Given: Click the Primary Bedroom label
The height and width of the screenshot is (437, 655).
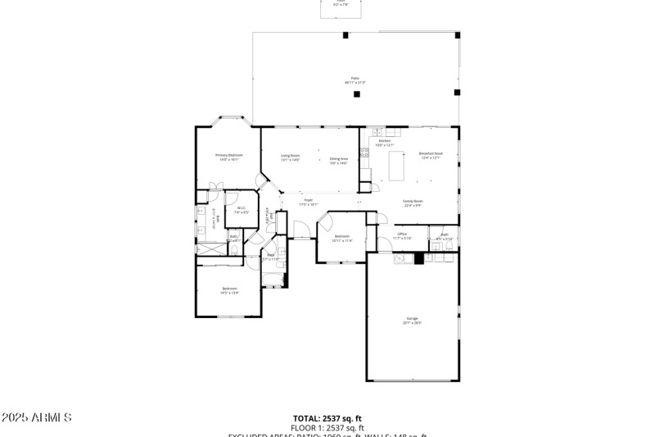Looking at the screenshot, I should pyautogui.click(x=229, y=157).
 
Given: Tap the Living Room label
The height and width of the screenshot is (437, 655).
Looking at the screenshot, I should pyautogui.click(x=290, y=157).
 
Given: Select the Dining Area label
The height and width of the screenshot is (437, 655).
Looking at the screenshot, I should pyautogui.click(x=339, y=160).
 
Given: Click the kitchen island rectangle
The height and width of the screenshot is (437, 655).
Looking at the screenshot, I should pyautogui.click(x=396, y=166).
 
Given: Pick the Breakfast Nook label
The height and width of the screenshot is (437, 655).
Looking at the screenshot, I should pyautogui.click(x=431, y=155).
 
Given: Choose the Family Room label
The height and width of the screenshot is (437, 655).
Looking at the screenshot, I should pyautogui.click(x=412, y=203).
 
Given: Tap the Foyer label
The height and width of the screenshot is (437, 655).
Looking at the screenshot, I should pyautogui.click(x=308, y=201).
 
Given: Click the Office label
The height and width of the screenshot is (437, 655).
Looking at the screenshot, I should pyautogui.click(x=402, y=235).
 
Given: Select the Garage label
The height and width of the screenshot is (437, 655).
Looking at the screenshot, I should pyautogui.click(x=412, y=320).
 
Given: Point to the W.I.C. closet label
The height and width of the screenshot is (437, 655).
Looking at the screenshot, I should pyautogui.click(x=241, y=210).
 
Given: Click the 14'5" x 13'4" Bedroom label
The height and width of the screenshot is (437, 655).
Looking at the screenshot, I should pyautogui.click(x=229, y=289).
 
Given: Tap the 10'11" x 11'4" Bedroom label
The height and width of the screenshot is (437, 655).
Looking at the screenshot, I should pyautogui.click(x=341, y=239).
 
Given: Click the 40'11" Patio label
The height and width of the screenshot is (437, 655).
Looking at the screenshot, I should pyautogui.click(x=355, y=80).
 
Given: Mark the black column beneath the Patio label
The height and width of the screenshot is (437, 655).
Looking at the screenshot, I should pyautogui.click(x=356, y=94).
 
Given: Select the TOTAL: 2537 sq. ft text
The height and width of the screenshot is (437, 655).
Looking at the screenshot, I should pyautogui.click(x=327, y=418).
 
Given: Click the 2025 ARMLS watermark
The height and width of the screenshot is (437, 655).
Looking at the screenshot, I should pyautogui.click(x=37, y=418).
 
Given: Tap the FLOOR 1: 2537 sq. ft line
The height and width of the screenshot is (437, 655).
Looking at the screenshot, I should pyautogui.click(x=327, y=428).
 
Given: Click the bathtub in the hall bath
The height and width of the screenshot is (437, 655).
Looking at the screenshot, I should pyautogui.click(x=273, y=278).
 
